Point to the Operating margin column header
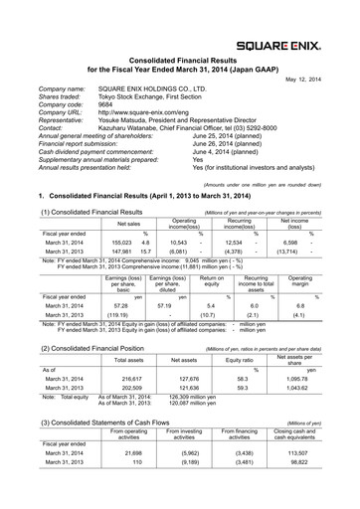pyautogui.click(x=306, y=284)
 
